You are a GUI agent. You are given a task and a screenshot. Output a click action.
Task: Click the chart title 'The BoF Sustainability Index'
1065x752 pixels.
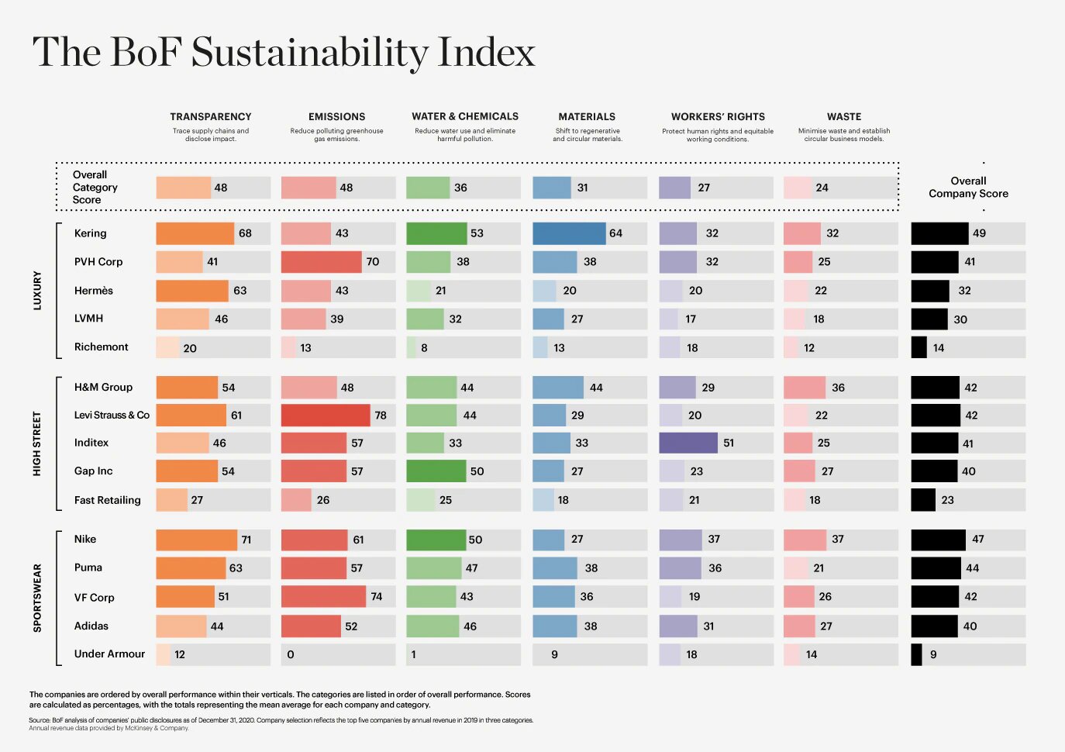[x=284, y=53]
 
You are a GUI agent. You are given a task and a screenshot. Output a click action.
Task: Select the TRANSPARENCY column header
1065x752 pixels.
[x=211, y=116]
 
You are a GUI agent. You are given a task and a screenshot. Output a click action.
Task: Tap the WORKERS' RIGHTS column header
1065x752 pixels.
[x=718, y=116]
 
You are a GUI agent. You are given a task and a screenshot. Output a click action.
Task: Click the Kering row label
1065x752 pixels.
[x=91, y=233]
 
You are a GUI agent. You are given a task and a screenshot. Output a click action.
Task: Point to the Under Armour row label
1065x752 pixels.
[x=109, y=654]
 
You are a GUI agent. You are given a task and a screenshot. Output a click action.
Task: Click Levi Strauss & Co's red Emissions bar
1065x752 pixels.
[x=326, y=416]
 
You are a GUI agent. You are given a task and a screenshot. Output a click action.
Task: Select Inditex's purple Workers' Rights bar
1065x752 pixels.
[x=688, y=443]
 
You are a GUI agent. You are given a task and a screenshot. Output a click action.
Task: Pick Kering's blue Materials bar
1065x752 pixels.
[x=569, y=233]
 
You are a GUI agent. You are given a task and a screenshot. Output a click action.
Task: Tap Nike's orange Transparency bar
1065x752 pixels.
[x=197, y=540]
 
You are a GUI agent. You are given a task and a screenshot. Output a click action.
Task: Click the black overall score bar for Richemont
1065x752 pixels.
[x=919, y=347]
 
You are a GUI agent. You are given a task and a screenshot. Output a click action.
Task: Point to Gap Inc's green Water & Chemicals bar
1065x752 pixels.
[x=436, y=471]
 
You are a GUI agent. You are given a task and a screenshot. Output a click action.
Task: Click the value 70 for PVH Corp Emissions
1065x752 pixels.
[x=373, y=262]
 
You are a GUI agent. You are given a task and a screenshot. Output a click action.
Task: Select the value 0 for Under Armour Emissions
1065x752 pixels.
[x=291, y=655]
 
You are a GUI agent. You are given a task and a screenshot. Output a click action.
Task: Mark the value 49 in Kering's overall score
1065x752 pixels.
[x=980, y=233]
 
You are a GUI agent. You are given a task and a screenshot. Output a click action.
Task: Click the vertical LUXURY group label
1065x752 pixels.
[x=37, y=291]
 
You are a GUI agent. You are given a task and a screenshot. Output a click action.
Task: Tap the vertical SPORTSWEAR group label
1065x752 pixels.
[x=37, y=598]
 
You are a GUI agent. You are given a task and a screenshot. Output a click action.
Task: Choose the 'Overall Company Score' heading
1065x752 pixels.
[x=969, y=188]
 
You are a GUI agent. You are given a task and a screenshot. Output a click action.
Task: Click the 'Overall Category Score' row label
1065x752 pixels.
[x=95, y=188]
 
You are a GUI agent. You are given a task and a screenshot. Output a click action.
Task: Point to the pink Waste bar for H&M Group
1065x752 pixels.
[x=805, y=388]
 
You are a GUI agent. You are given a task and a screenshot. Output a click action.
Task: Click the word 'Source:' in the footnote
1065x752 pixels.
[x=40, y=720]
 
